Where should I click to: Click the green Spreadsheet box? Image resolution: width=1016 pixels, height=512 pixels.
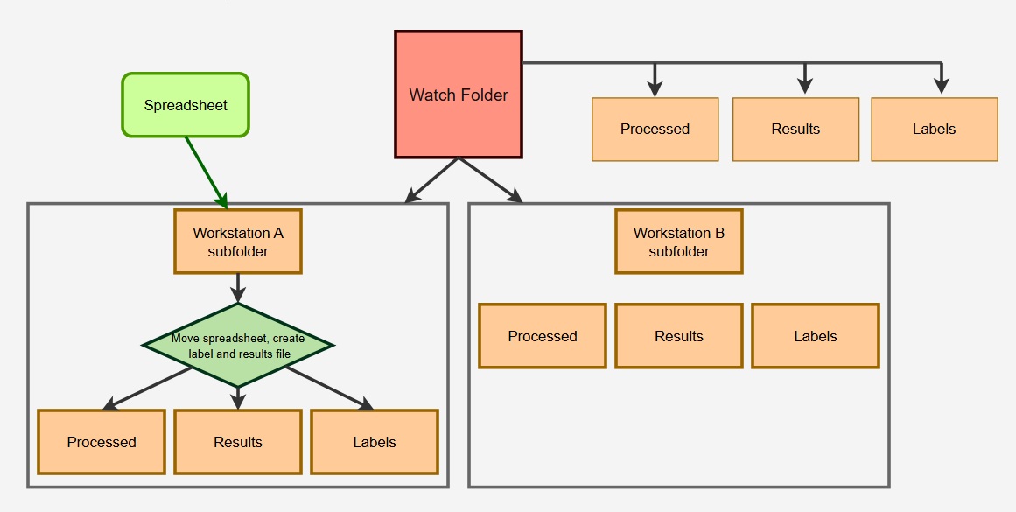click(186, 105)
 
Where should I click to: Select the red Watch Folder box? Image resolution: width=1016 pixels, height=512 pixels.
click(459, 95)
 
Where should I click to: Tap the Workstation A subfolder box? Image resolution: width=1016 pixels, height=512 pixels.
click(238, 242)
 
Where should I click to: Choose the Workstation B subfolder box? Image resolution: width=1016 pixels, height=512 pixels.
click(679, 242)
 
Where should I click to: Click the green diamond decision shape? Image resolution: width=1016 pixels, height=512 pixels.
click(238, 345)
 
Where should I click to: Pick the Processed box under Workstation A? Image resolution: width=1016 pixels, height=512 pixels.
click(102, 442)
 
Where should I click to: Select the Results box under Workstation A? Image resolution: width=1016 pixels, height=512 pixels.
click(238, 442)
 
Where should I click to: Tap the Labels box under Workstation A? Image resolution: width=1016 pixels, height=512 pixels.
click(375, 442)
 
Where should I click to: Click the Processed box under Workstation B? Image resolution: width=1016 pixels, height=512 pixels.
click(543, 336)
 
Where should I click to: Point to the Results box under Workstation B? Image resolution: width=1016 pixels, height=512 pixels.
click(679, 336)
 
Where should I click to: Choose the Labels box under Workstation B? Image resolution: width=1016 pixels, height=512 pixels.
click(816, 336)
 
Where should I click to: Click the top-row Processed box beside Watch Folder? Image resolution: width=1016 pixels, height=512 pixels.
click(655, 130)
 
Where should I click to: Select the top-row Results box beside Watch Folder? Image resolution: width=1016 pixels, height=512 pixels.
click(795, 130)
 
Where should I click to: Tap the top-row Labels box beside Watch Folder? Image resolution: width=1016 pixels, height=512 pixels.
click(935, 130)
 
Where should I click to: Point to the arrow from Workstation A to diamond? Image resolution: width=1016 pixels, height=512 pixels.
click(238, 287)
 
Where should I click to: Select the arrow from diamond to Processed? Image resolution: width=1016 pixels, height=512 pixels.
click(149, 388)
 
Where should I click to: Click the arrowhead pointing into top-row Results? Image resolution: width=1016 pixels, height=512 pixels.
click(805, 86)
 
